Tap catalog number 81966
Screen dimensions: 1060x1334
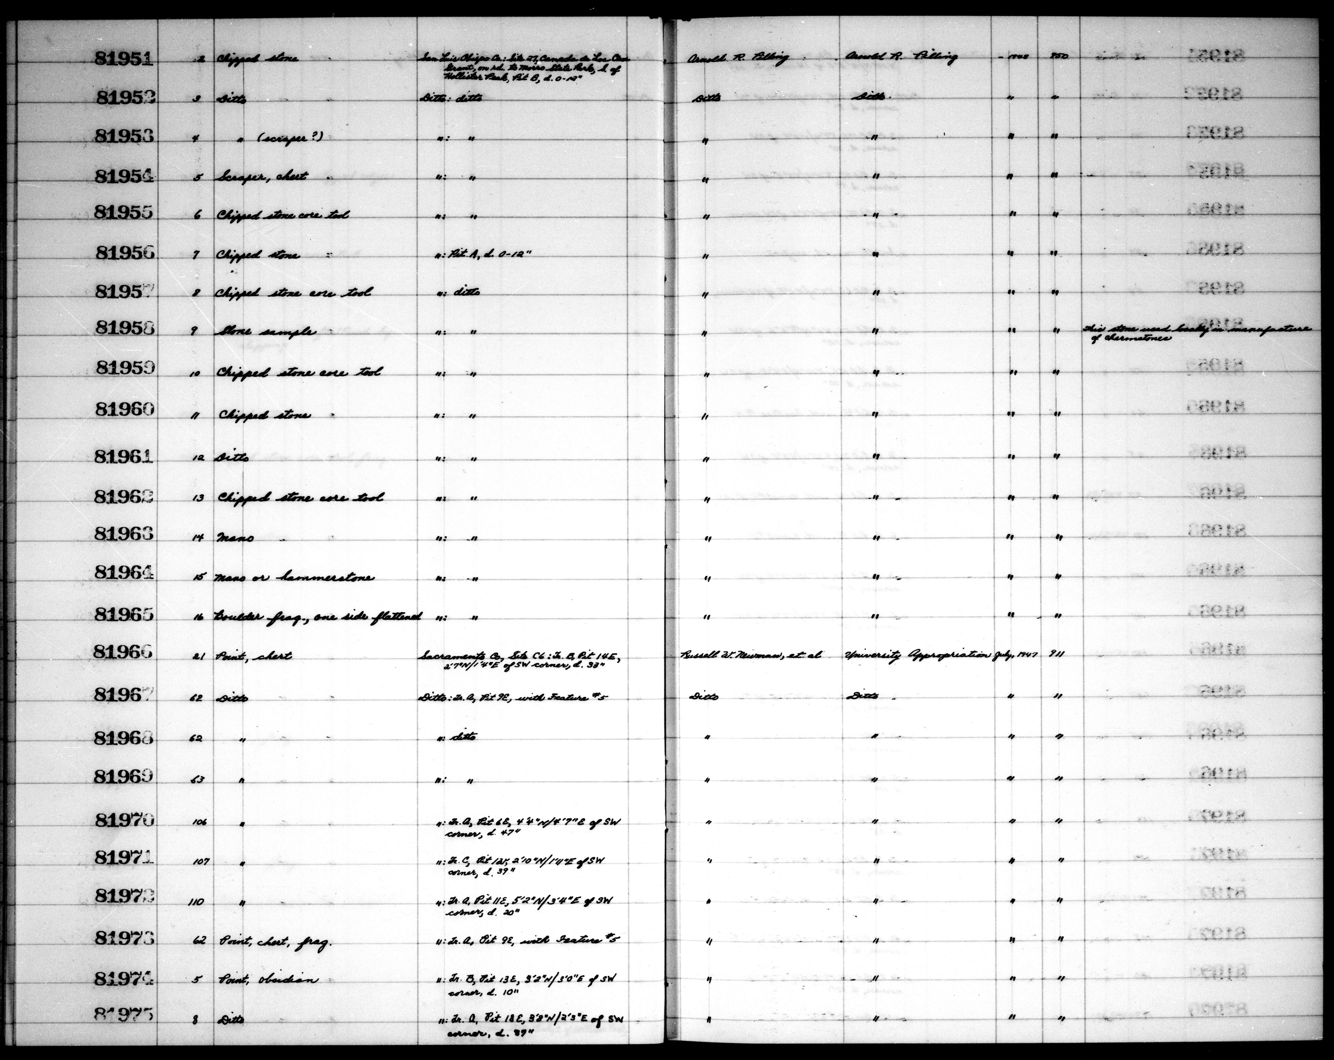click(x=124, y=651)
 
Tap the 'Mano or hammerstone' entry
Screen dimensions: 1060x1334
click(x=293, y=577)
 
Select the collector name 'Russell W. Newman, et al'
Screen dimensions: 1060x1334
click(x=750, y=654)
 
